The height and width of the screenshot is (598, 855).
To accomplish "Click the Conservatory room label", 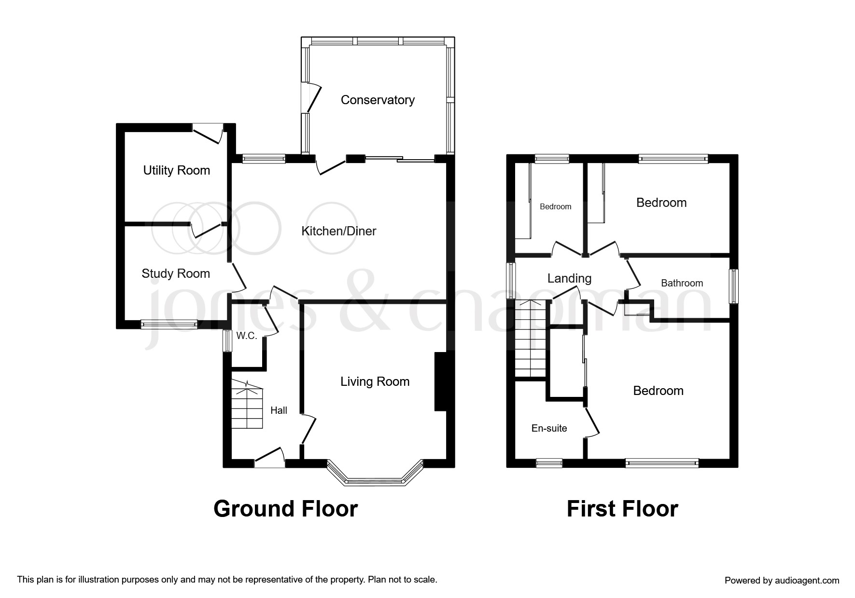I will [378, 100].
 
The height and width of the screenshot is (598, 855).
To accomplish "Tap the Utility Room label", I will [176, 170].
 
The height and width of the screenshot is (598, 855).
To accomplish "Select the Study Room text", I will [176, 273].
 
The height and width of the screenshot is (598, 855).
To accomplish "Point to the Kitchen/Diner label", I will [338, 231].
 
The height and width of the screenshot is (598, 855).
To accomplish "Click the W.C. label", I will [246, 336].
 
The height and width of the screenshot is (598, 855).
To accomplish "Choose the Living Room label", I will [375, 381].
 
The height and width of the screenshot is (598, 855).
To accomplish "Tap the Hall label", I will [279, 410].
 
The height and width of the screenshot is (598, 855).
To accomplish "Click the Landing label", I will [569, 278].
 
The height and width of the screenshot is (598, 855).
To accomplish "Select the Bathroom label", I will [682, 283].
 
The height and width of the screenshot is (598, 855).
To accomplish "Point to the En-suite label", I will [549, 428].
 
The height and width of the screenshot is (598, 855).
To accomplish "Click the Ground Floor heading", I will [285, 509].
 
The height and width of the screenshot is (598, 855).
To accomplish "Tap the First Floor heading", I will [622, 509].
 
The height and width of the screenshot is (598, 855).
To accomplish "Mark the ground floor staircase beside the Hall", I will [247, 404].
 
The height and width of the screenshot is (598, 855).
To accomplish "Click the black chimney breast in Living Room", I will [440, 381].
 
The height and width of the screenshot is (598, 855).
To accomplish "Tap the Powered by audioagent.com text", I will [782, 581].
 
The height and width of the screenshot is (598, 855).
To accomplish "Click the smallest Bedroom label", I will [555, 206].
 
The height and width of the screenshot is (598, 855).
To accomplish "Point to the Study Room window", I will [169, 325].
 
